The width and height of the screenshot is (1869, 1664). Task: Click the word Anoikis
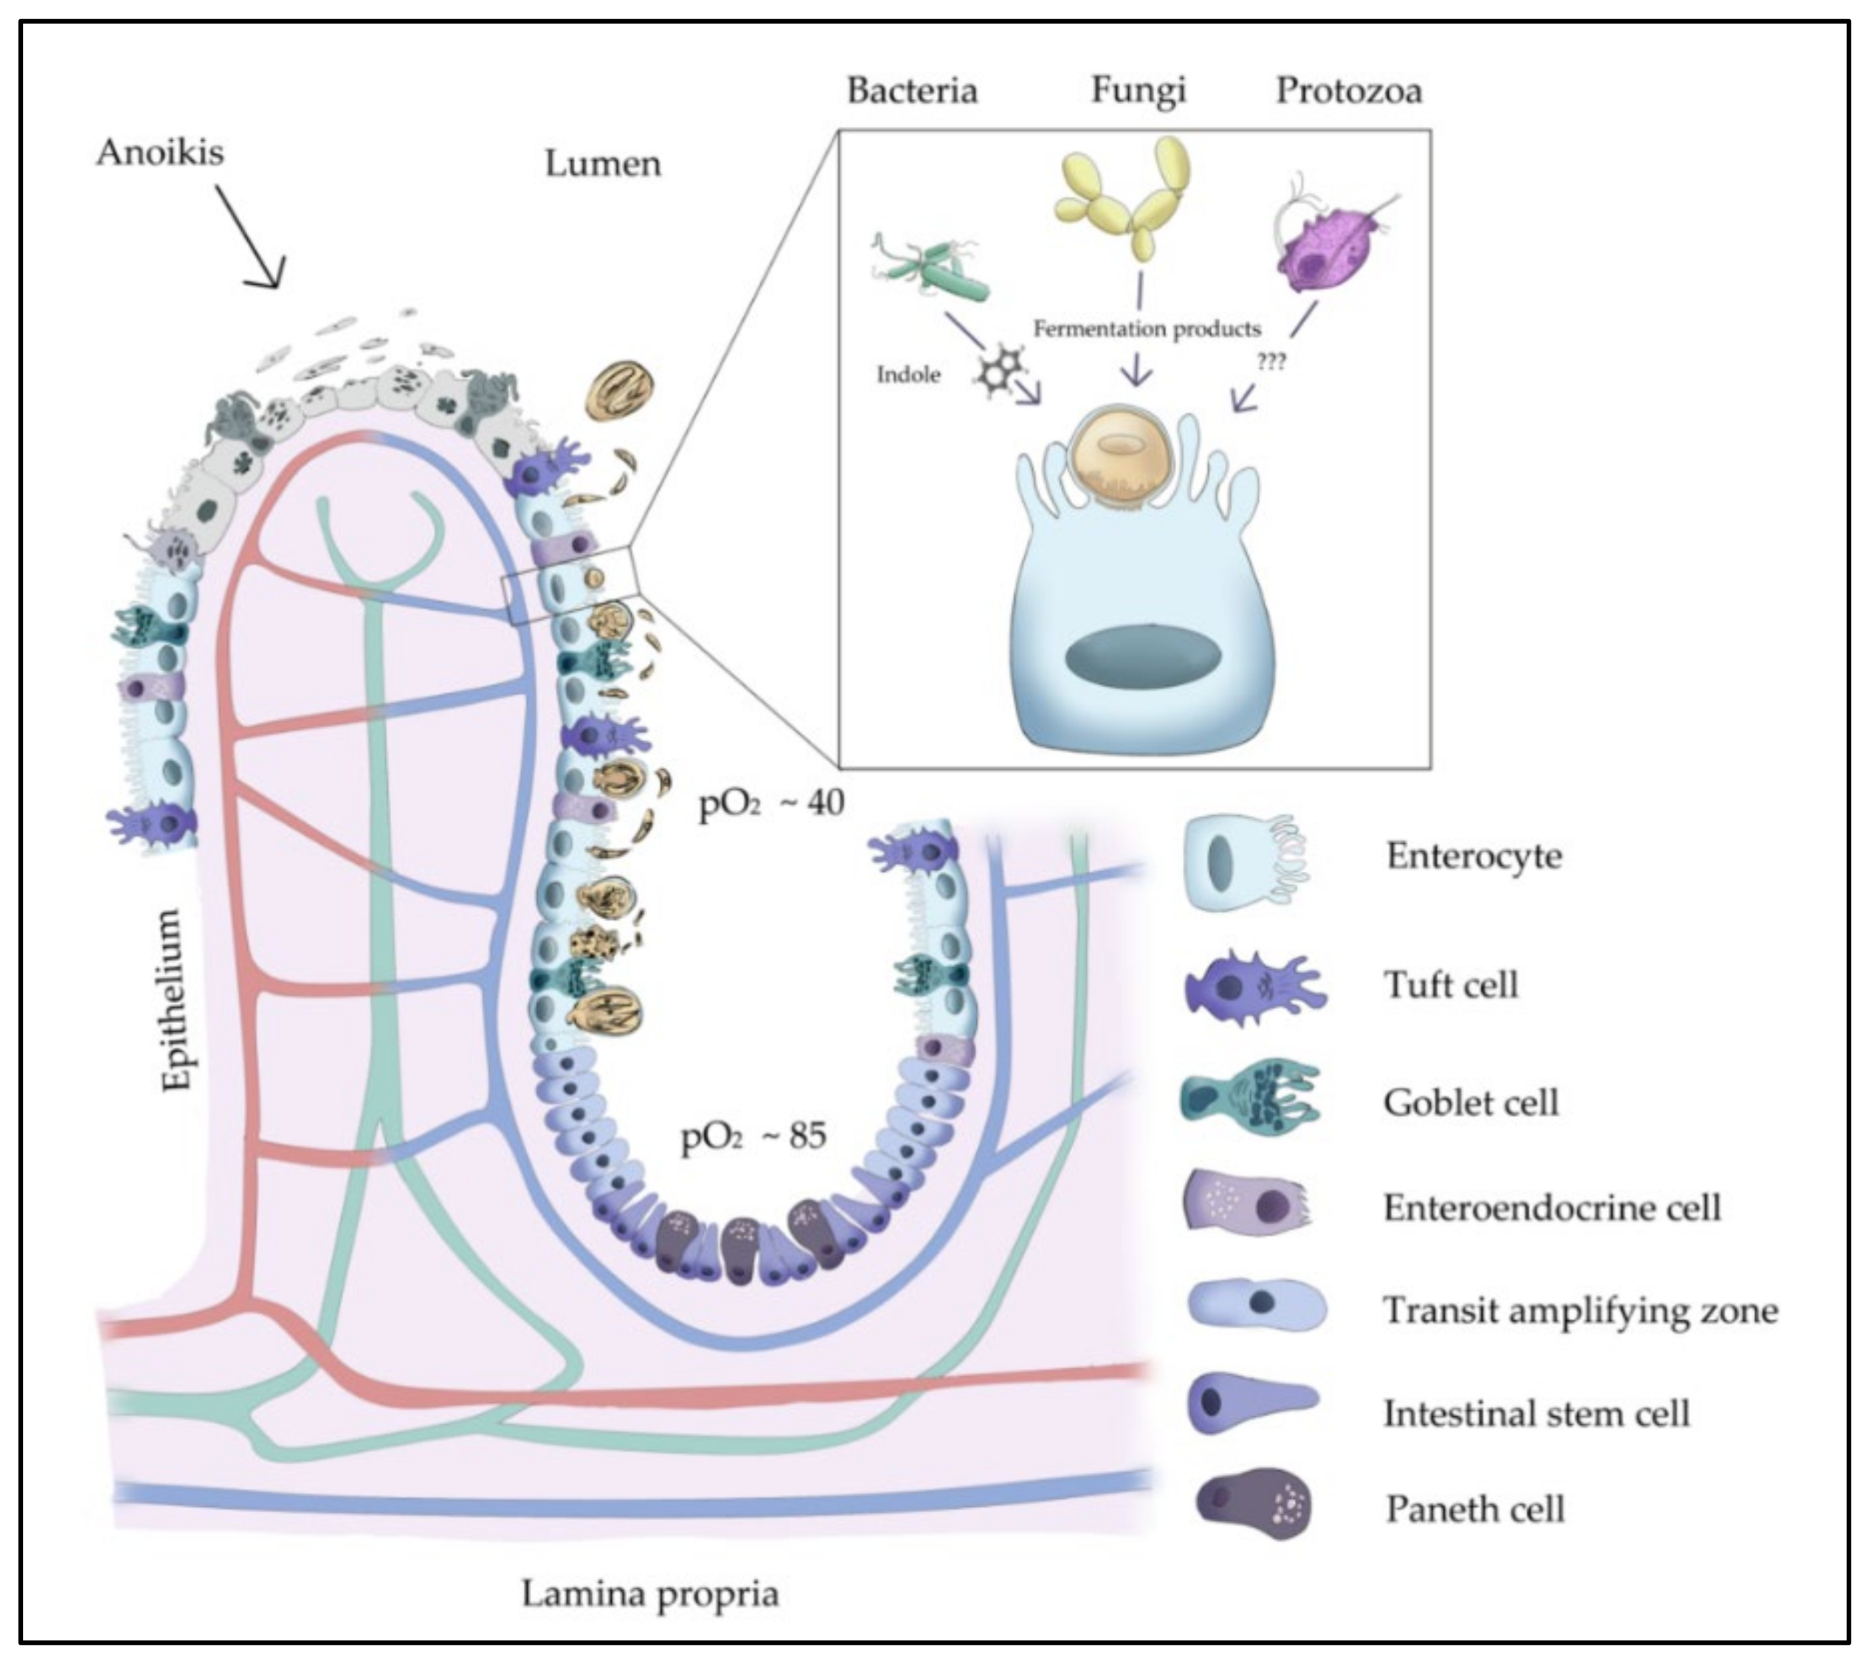tap(159, 153)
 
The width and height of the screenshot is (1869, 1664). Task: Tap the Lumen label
tap(603, 164)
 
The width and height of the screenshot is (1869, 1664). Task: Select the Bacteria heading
tap(912, 91)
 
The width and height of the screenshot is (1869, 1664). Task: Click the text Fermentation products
tap(1147, 328)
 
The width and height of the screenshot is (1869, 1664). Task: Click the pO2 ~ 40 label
tap(771, 804)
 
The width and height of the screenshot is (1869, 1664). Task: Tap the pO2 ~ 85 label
tap(753, 1137)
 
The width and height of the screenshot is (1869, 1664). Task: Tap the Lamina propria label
tap(650, 1594)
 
